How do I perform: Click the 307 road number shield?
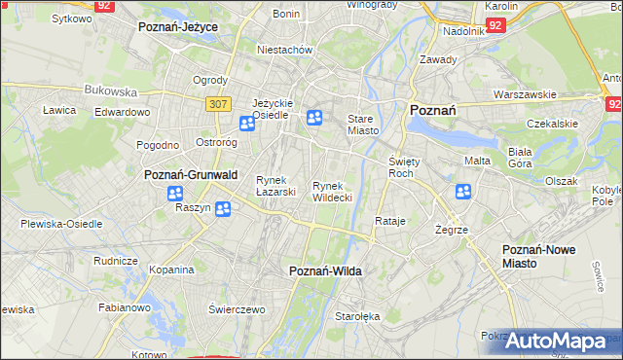[217, 102]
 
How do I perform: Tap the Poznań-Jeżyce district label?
[177, 27]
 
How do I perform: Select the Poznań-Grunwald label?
[191, 174]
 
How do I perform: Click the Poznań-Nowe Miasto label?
[538, 256]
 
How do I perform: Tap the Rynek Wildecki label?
[332, 191]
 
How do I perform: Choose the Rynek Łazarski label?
[275, 185]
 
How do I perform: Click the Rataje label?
[389, 221]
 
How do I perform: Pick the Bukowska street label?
[111, 90]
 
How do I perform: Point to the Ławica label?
[59, 110]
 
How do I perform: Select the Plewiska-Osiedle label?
[61, 223]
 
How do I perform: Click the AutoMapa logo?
[555, 341]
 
